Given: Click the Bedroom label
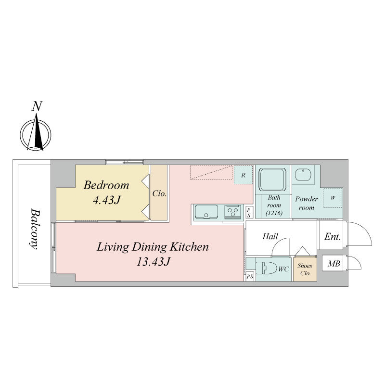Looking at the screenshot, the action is click(106, 185).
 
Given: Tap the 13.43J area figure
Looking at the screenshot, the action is click(153, 262).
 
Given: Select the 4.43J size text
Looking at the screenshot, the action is click(106, 200).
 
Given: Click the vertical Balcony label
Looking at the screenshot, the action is click(34, 229).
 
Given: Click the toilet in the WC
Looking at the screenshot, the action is click(266, 269).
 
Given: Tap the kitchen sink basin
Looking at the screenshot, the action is click(206, 212).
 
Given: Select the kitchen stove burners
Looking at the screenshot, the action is click(232, 212).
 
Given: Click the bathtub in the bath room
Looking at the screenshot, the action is click(272, 179).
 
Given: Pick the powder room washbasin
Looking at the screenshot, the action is click(303, 175).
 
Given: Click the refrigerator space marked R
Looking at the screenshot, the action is click(243, 175).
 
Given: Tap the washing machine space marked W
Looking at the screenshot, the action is click(333, 198).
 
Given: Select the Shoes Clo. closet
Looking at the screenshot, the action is click(305, 269).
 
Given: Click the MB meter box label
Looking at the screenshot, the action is click(334, 263).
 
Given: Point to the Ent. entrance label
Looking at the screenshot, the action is click(333, 237).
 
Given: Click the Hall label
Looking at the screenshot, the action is click(270, 236).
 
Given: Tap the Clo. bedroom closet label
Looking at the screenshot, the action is click(159, 194).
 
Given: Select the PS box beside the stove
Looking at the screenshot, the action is click(249, 212).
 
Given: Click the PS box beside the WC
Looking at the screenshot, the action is click(250, 277).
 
